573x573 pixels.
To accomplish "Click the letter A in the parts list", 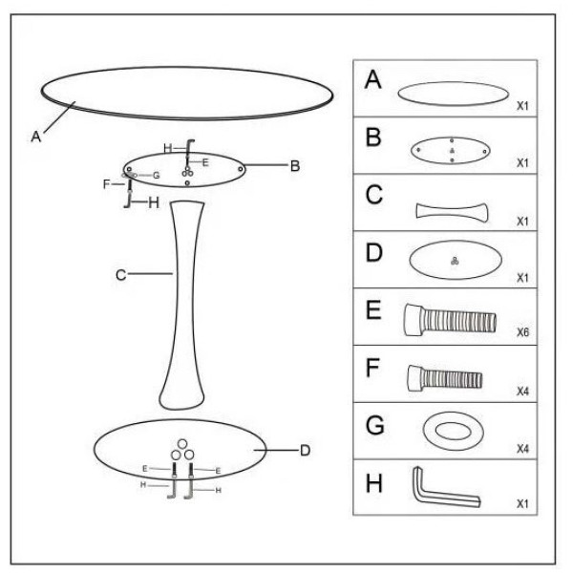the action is click(373, 79).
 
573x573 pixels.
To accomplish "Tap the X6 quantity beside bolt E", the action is click(523, 332).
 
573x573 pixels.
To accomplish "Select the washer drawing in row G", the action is click(454, 431).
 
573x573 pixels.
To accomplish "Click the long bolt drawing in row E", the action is click(450, 320).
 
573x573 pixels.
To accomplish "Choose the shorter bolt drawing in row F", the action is click(445, 378).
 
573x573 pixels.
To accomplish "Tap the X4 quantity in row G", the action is click(523, 449).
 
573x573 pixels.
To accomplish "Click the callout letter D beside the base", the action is click(306, 451).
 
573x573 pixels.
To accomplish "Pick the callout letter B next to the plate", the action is click(295, 166).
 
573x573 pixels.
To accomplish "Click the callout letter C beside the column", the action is click(121, 275).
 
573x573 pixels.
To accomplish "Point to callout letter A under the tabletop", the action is click(36, 137).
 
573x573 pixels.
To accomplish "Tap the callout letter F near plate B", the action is click(106, 184).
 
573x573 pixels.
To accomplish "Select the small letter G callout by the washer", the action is click(157, 176).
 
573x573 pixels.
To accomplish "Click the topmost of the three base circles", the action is click(182, 444).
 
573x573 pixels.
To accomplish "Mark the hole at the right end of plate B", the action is click(241, 169).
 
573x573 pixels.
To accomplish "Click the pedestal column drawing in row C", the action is click(452, 211).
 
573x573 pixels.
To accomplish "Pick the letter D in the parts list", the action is click(373, 253).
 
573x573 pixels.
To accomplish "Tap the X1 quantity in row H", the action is click(523, 504).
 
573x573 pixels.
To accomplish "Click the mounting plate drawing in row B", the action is click(451, 151).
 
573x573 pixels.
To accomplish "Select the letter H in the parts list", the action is click(373, 483).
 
